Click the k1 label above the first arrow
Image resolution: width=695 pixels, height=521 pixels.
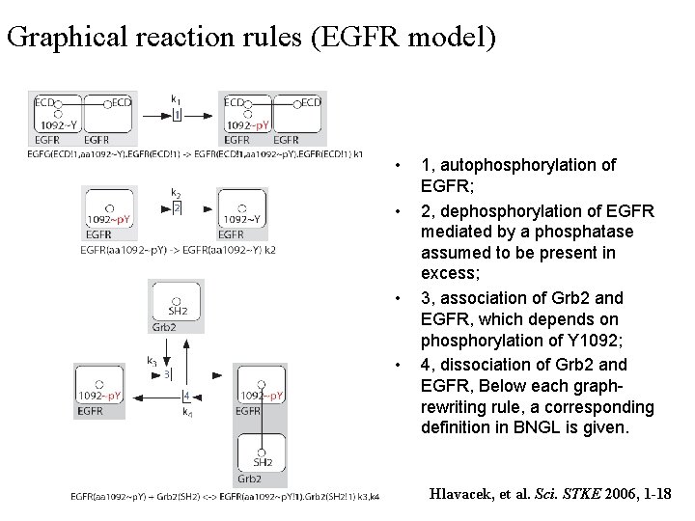(x=176, y=99)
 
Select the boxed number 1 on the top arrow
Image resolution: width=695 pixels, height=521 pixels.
(x=177, y=116)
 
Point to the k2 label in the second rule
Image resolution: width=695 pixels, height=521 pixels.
(x=176, y=193)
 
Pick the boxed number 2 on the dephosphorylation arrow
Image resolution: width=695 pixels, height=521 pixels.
(x=177, y=208)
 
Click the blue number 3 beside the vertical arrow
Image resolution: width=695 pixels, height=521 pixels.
(x=167, y=373)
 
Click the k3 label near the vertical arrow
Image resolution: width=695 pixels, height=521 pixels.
(x=153, y=361)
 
